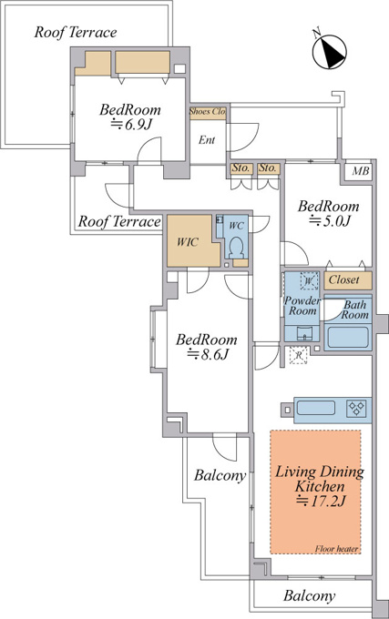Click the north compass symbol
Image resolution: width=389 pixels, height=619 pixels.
[330, 49]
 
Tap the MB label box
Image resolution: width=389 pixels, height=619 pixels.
[360, 171]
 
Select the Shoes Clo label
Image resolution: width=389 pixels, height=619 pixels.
[208, 112]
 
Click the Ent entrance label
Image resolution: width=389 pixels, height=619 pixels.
[207, 140]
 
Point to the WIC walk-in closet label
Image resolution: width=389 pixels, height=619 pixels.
[187, 241]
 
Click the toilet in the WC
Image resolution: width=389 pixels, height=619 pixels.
[236, 247]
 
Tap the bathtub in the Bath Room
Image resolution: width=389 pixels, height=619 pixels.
[347, 338]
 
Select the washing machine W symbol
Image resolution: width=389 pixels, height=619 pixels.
[309, 281]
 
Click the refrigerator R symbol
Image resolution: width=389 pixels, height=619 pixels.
[299, 355]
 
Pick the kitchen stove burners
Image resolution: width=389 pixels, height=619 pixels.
[356, 408]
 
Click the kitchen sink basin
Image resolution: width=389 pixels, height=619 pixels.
[316, 408]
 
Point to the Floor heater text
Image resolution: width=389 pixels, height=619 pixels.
[336, 549]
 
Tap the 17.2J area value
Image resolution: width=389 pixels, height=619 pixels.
[321, 501]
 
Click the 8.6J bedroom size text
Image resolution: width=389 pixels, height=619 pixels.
[208, 354]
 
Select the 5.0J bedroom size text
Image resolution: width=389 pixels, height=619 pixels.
[330, 220]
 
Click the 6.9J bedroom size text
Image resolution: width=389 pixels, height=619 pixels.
[131, 125]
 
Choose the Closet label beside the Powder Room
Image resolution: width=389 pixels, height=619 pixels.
[344, 279]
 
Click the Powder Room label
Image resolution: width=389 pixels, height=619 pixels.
[302, 306]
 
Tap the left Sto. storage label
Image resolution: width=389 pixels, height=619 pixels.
[241, 168]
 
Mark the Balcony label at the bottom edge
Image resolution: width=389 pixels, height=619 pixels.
[310, 595]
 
